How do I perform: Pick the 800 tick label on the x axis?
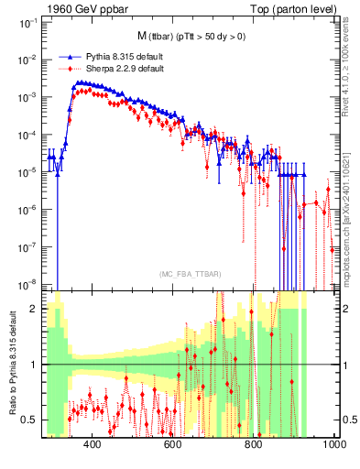pos(254,445)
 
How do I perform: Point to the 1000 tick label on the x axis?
pos(332,445)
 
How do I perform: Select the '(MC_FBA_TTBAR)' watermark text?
pos(189,274)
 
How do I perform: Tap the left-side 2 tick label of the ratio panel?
pos(35,309)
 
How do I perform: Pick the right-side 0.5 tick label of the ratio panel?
pos(347,420)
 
